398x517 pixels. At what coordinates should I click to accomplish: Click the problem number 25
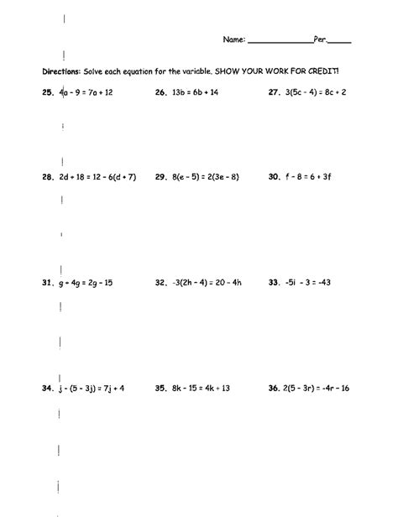46,94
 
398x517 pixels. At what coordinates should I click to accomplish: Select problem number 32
160,284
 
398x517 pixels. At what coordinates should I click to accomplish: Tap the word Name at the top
233,39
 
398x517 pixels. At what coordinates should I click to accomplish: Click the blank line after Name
280,41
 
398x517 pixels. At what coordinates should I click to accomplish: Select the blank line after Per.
339,41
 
